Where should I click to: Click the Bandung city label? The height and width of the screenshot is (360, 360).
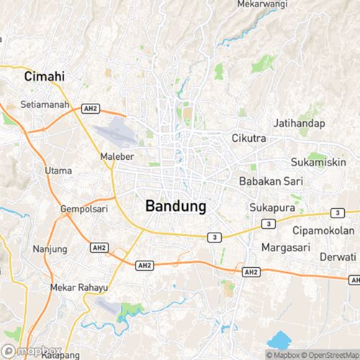tap(176, 206)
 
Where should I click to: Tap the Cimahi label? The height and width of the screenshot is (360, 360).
tap(45, 76)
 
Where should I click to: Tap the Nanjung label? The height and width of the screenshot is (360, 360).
tap(50, 249)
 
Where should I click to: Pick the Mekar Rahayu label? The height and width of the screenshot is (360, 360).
tap(78, 287)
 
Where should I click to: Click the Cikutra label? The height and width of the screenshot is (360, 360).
tap(249, 138)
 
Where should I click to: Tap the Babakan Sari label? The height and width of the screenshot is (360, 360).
tap(270, 181)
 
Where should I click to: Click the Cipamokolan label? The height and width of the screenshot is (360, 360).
tap(323, 230)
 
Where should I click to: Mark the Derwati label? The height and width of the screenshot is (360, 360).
tap(338, 257)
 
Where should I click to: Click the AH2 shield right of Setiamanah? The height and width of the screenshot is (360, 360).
tap(90, 109)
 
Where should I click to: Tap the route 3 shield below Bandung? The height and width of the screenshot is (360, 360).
tap(214, 237)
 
